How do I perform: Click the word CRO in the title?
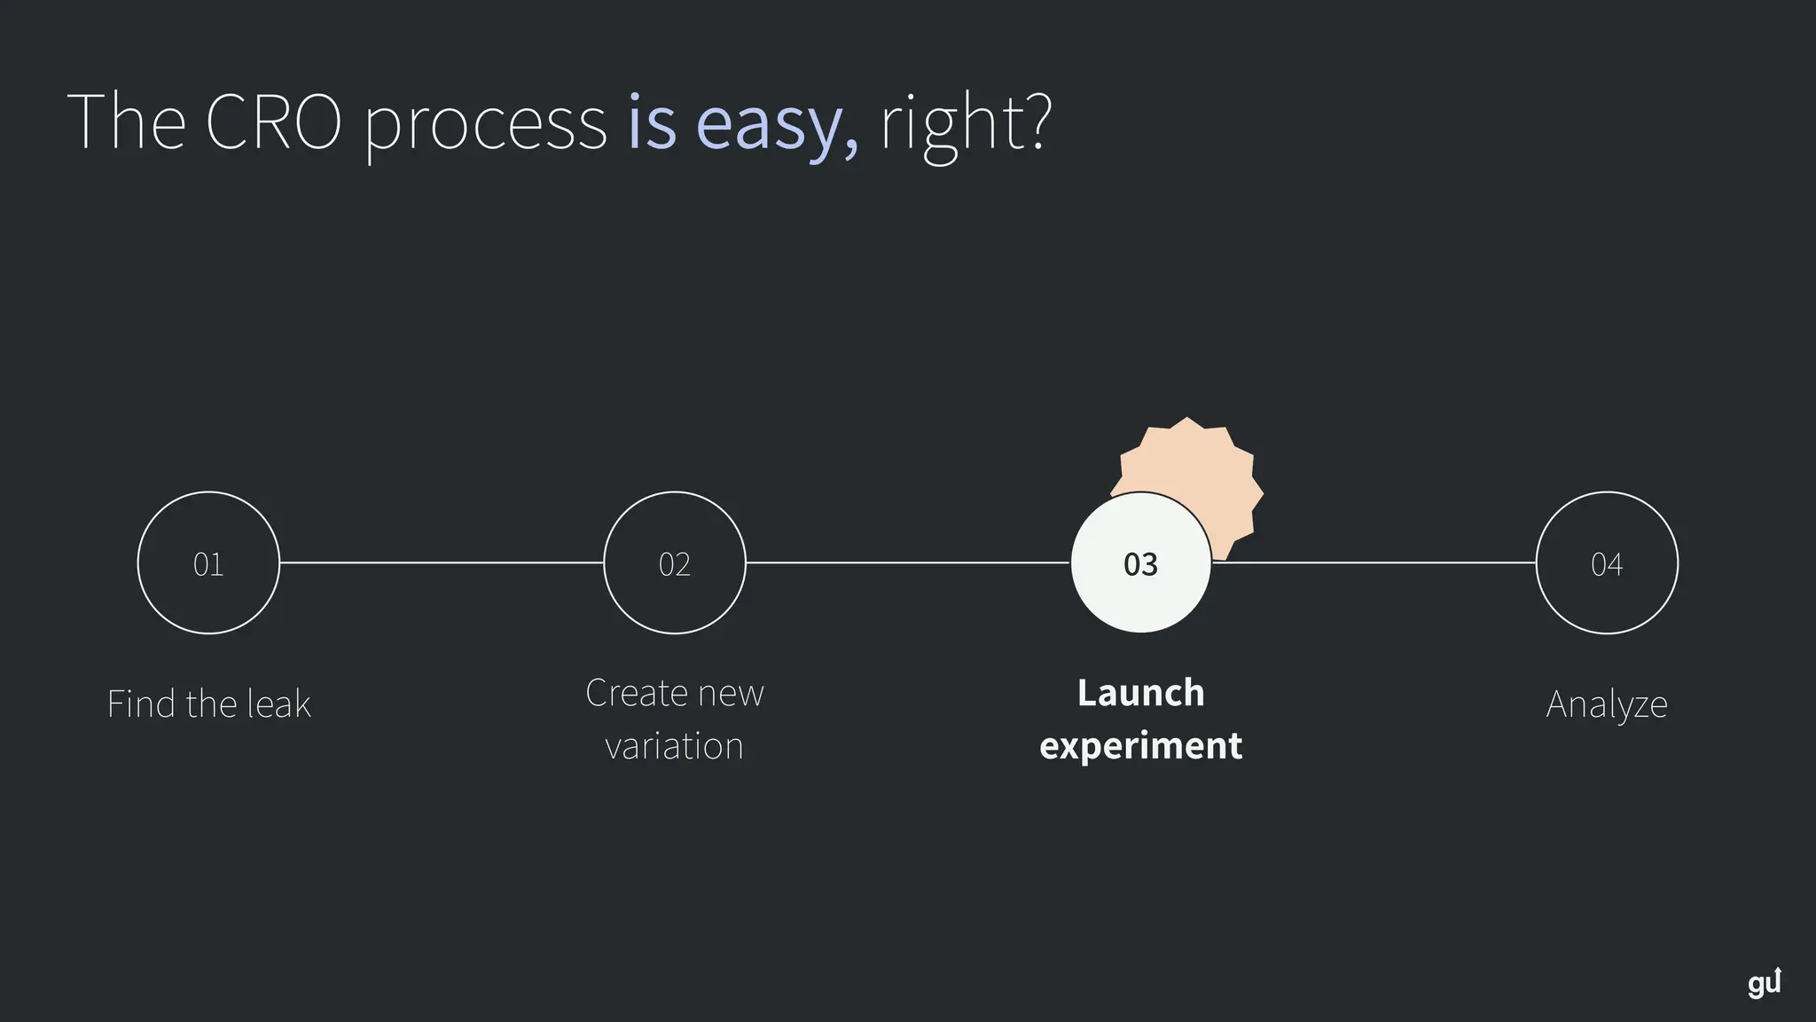(273, 122)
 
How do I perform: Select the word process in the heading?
(485, 123)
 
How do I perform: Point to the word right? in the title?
(965, 123)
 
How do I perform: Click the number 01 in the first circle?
(208, 564)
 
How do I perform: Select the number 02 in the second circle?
(675, 564)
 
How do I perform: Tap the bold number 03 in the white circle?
(1140, 564)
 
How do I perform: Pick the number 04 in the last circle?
(1607, 564)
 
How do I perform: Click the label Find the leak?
(208, 704)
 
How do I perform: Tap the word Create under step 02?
(636, 693)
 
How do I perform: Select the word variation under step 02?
(674, 746)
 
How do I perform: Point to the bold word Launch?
(1140, 693)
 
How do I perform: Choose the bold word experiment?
(1140, 746)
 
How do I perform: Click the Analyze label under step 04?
(1607, 704)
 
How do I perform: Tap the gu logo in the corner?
(1764, 983)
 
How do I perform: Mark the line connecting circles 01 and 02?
(442, 562)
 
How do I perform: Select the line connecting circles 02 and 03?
(907, 562)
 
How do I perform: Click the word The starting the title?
(126, 122)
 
